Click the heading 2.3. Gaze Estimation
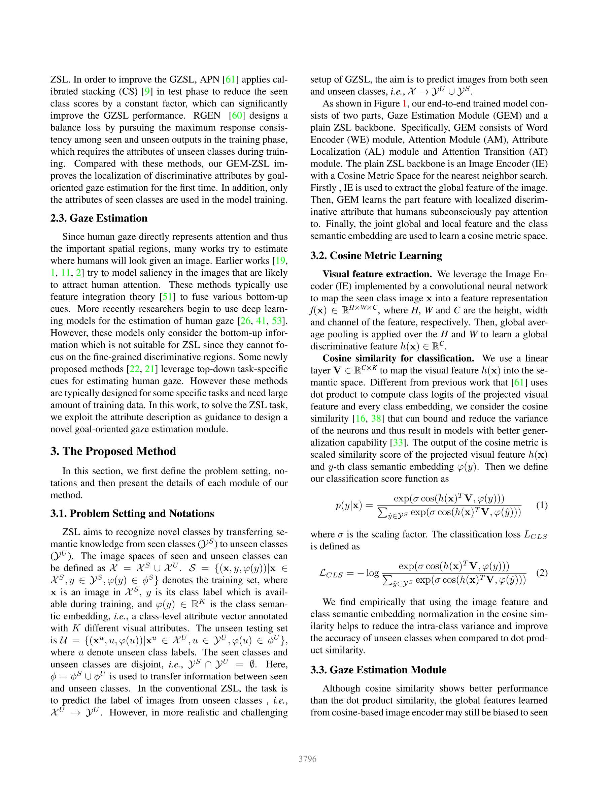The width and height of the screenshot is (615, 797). click(99, 218)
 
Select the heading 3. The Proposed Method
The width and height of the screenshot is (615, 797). click(113, 452)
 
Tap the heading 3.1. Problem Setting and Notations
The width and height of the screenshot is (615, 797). click(132, 514)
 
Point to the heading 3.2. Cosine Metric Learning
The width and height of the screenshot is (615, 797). click(376, 255)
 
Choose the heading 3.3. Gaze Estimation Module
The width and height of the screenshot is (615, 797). click(378, 670)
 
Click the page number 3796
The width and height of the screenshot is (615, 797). click(307, 759)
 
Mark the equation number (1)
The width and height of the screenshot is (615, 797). click(542, 505)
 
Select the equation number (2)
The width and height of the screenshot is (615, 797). click(542, 573)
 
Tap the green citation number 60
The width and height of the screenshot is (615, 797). click(237, 116)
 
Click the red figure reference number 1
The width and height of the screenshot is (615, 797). click(404, 104)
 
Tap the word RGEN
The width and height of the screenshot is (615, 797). click(207, 116)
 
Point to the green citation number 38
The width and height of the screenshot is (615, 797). click(376, 419)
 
